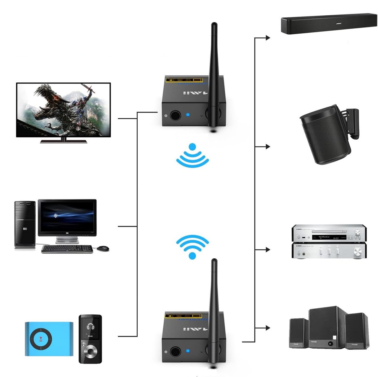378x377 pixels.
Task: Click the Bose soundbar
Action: tap(328, 24)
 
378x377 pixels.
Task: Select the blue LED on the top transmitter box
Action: tap(188, 115)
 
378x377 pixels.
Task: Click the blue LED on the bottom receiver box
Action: tap(188, 351)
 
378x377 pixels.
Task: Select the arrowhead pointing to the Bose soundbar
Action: tap(268, 37)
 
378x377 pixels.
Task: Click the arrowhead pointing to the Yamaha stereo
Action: tap(268, 249)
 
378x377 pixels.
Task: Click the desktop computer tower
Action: tap(25, 224)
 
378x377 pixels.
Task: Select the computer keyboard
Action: tap(67, 249)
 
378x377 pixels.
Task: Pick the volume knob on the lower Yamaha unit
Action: tap(358, 252)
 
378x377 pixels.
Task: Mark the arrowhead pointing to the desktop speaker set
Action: tap(268, 328)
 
